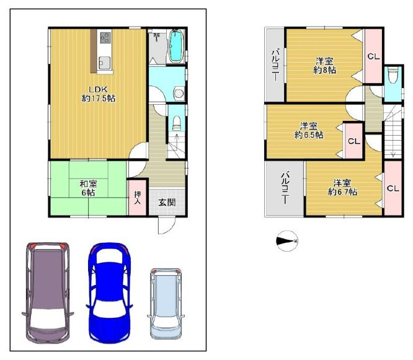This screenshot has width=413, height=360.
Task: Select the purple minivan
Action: [47, 292]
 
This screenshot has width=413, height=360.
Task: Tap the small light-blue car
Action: [166, 304]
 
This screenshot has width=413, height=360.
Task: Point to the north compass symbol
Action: [287, 241]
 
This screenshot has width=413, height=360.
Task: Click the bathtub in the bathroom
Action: [176, 46]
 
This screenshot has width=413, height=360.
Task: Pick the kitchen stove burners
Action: [105, 37]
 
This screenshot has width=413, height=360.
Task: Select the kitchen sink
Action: [104, 63]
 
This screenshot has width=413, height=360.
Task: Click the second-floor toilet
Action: [393, 75]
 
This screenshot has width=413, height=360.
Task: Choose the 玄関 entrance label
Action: [167, 202]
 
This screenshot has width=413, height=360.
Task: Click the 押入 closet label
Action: [138, 198]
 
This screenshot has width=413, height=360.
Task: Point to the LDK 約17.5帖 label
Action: [99, 94]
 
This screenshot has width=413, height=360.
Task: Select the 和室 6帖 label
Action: [88, 188]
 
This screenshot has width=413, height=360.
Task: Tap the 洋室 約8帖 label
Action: [324, 66]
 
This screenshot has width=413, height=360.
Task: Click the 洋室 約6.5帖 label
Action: [309, 130]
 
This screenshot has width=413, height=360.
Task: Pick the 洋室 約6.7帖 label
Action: [343, 187]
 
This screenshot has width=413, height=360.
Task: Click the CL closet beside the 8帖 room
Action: [373, 56]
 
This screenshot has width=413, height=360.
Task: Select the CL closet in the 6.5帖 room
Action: [354, 141]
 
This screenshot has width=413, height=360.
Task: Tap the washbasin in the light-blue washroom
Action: [179, 93]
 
